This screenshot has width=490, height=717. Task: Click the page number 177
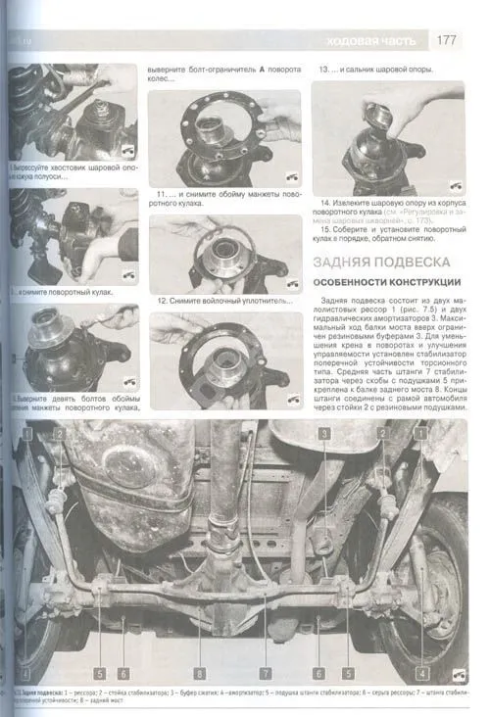pyautogui.click(x=446, y=40)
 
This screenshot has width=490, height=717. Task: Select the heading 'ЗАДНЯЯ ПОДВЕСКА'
pyautogui.click(x=380, y=263)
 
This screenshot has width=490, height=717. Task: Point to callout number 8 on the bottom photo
pyautogui.click(x=199, y=673)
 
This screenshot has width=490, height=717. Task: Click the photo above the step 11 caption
pyautogui.click(x=224, y=138)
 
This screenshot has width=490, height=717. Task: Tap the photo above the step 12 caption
pyautogui.click(x=224, y=254)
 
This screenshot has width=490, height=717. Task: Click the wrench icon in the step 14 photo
pyautogui.click(x=457, y=183)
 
